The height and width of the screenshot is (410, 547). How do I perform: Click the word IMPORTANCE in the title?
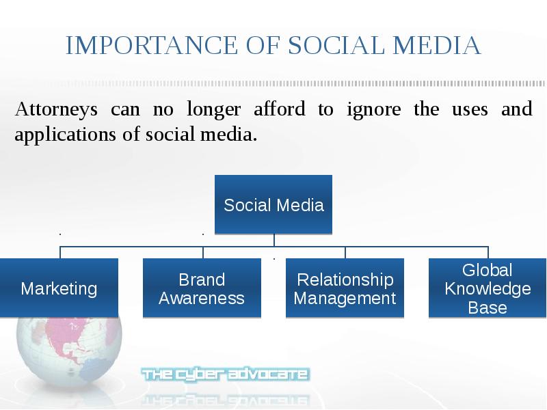(152, 45)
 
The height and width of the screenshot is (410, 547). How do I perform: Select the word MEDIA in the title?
(437, 45)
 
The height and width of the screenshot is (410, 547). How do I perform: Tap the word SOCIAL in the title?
(336, 45)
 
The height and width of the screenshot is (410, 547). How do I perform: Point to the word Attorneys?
(56, 109)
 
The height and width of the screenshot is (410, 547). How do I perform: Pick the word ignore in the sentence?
(373, 109)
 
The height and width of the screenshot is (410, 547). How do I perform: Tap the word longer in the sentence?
(214, 109)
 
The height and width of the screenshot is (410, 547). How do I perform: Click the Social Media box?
(273, 204)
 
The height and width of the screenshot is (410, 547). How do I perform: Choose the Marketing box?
(59, 288)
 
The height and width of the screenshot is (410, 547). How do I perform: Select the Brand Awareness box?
(202, 288)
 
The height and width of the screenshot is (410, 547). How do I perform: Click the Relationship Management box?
(345, 288)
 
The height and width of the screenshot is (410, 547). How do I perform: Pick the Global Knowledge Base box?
(488, 288)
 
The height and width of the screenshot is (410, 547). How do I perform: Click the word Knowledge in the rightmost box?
(488, 289)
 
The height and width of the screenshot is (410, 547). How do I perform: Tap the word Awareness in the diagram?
(202, 299)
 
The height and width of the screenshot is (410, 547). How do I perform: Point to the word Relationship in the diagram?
(345, 280)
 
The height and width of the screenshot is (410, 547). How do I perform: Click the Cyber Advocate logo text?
(226, 374)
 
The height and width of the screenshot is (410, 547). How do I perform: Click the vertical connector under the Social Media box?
(274, 241)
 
